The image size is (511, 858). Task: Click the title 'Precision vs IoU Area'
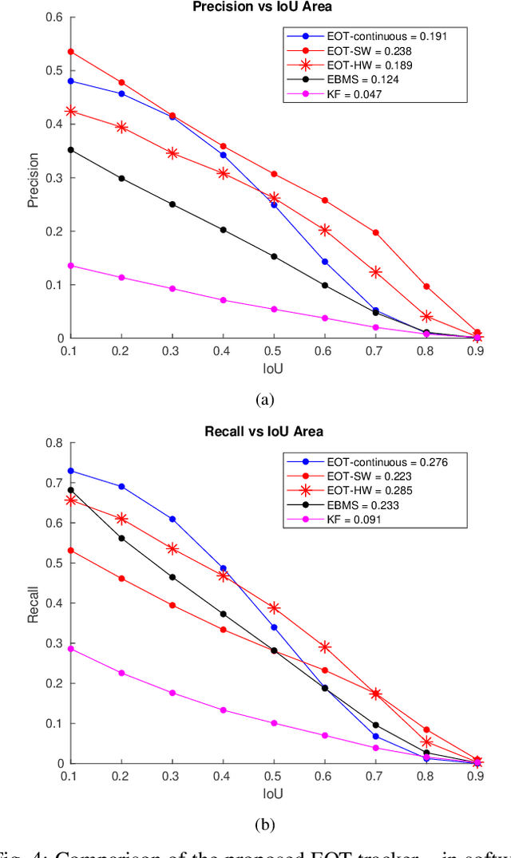coord(271,7)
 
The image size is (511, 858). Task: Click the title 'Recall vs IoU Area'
coord(271,432)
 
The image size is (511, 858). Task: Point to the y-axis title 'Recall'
coord(34,605)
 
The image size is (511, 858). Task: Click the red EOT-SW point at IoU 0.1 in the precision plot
coord(71,52)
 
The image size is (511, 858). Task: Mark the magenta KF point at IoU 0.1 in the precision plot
coord(71,265)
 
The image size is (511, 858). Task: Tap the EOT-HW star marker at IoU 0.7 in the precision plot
coord(375,272)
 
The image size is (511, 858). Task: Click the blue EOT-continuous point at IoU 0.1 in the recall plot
coord(71,470)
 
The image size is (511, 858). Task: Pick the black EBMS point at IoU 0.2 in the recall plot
coord(121,538)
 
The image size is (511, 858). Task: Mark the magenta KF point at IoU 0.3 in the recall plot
coord(172,693)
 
